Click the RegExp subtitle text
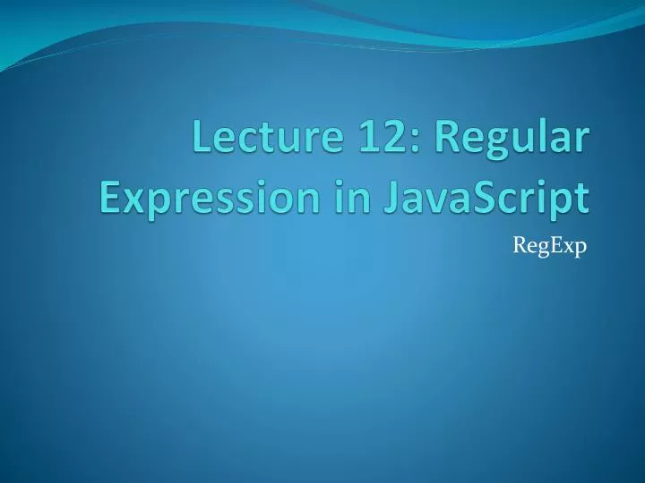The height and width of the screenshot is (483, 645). tap(548, 246)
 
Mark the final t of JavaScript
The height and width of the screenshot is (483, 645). tap(582, 196)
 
